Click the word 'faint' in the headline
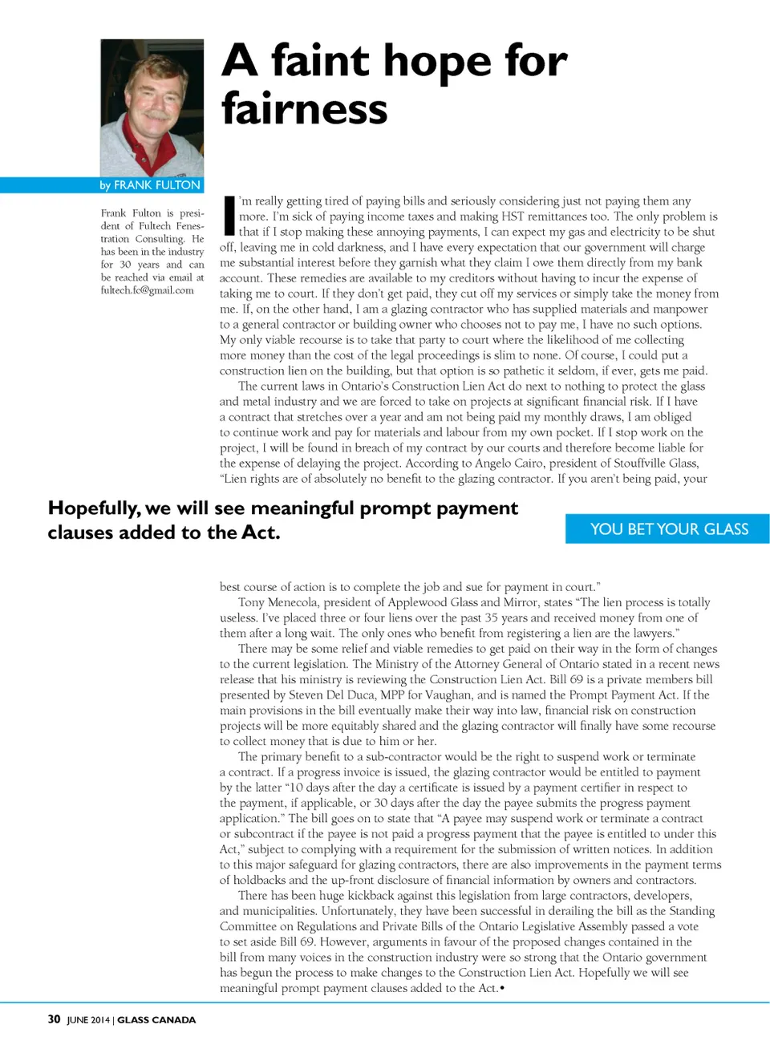click(x=319, y=61)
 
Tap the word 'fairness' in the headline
click(x=305, y=109)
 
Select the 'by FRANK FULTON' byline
click(x=150, y=185)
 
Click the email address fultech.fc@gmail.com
click(x=148, y=290)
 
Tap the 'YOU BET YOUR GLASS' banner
click(x=669, y=529)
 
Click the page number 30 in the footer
click(x=54, y=1019)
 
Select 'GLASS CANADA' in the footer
click(x=156, y=1020)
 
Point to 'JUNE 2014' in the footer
click(x=88, y=1020)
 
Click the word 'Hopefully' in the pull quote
click(x=93, y=508)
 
